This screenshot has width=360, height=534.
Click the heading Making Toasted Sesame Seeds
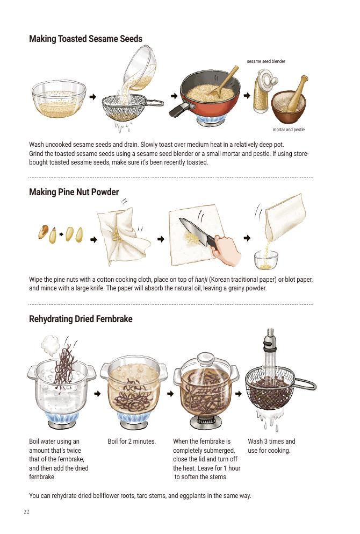pos(85,39)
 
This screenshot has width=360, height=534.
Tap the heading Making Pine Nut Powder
pos(74,192)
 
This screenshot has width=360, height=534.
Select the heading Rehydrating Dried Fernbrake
pos(81,319)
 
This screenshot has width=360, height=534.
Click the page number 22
pos(26,512)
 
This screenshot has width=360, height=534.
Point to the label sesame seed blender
pos(266,61)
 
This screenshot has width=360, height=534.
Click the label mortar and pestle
pos(289,130)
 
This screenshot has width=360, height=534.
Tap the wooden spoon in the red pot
pos(225,81)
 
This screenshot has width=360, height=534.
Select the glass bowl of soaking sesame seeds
pos(59,99)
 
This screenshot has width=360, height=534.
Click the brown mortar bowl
pos(288,107)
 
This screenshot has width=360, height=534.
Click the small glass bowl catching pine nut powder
pos(266,260)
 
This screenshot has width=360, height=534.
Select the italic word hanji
pos(201,280)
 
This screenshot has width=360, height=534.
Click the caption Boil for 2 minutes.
pos(132,442)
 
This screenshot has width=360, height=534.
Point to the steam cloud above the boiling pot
pos(51,345)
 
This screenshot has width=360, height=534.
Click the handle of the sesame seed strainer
pos(155,103)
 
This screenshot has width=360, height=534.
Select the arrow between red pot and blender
pos(247,95)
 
